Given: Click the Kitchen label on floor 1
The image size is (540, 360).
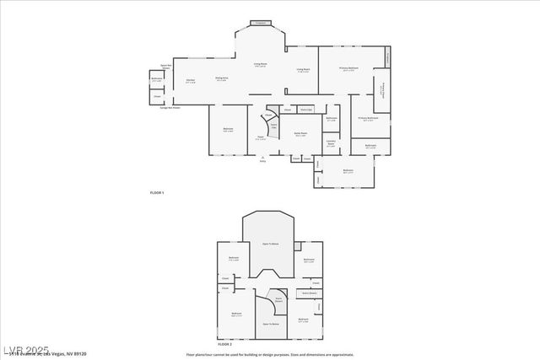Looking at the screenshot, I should pyautogui.click(x=191, y=81).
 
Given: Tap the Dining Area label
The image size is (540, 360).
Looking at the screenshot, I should pyautogui.click(x=221, y=79).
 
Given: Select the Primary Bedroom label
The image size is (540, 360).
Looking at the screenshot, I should pyautogui.click(x=348, y=69).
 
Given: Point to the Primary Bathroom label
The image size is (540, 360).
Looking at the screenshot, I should pyautogui.click(x=368, y=119).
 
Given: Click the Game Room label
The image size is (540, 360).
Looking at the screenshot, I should pyautogui.click(x=300, y=134).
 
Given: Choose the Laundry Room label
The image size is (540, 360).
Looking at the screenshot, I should pyautogui.click(x=331, y=143).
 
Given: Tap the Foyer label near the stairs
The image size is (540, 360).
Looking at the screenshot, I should pyautogui.click(x=261, y=138).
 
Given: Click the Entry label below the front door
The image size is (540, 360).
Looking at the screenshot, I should pyautogui.click(x=262, y=159).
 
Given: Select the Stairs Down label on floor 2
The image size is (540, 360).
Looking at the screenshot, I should pyautogui.click(x=277, y=298).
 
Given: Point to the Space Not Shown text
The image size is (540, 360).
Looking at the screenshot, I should pyautogui.click(x=166, y=66).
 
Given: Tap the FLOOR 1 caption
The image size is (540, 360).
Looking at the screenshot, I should pyautogui.click(x=157, y=194).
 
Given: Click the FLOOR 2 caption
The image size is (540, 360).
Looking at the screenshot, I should pyautogui.click(x=224, y=345).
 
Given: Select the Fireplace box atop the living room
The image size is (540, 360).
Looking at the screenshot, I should pyautogui.click(x=261, y=23).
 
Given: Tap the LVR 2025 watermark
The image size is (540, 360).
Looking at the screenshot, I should pyautogui.click(x=25, y=348).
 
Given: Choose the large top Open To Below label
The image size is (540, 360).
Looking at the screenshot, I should pyautogui.click(x=270, y=243).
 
